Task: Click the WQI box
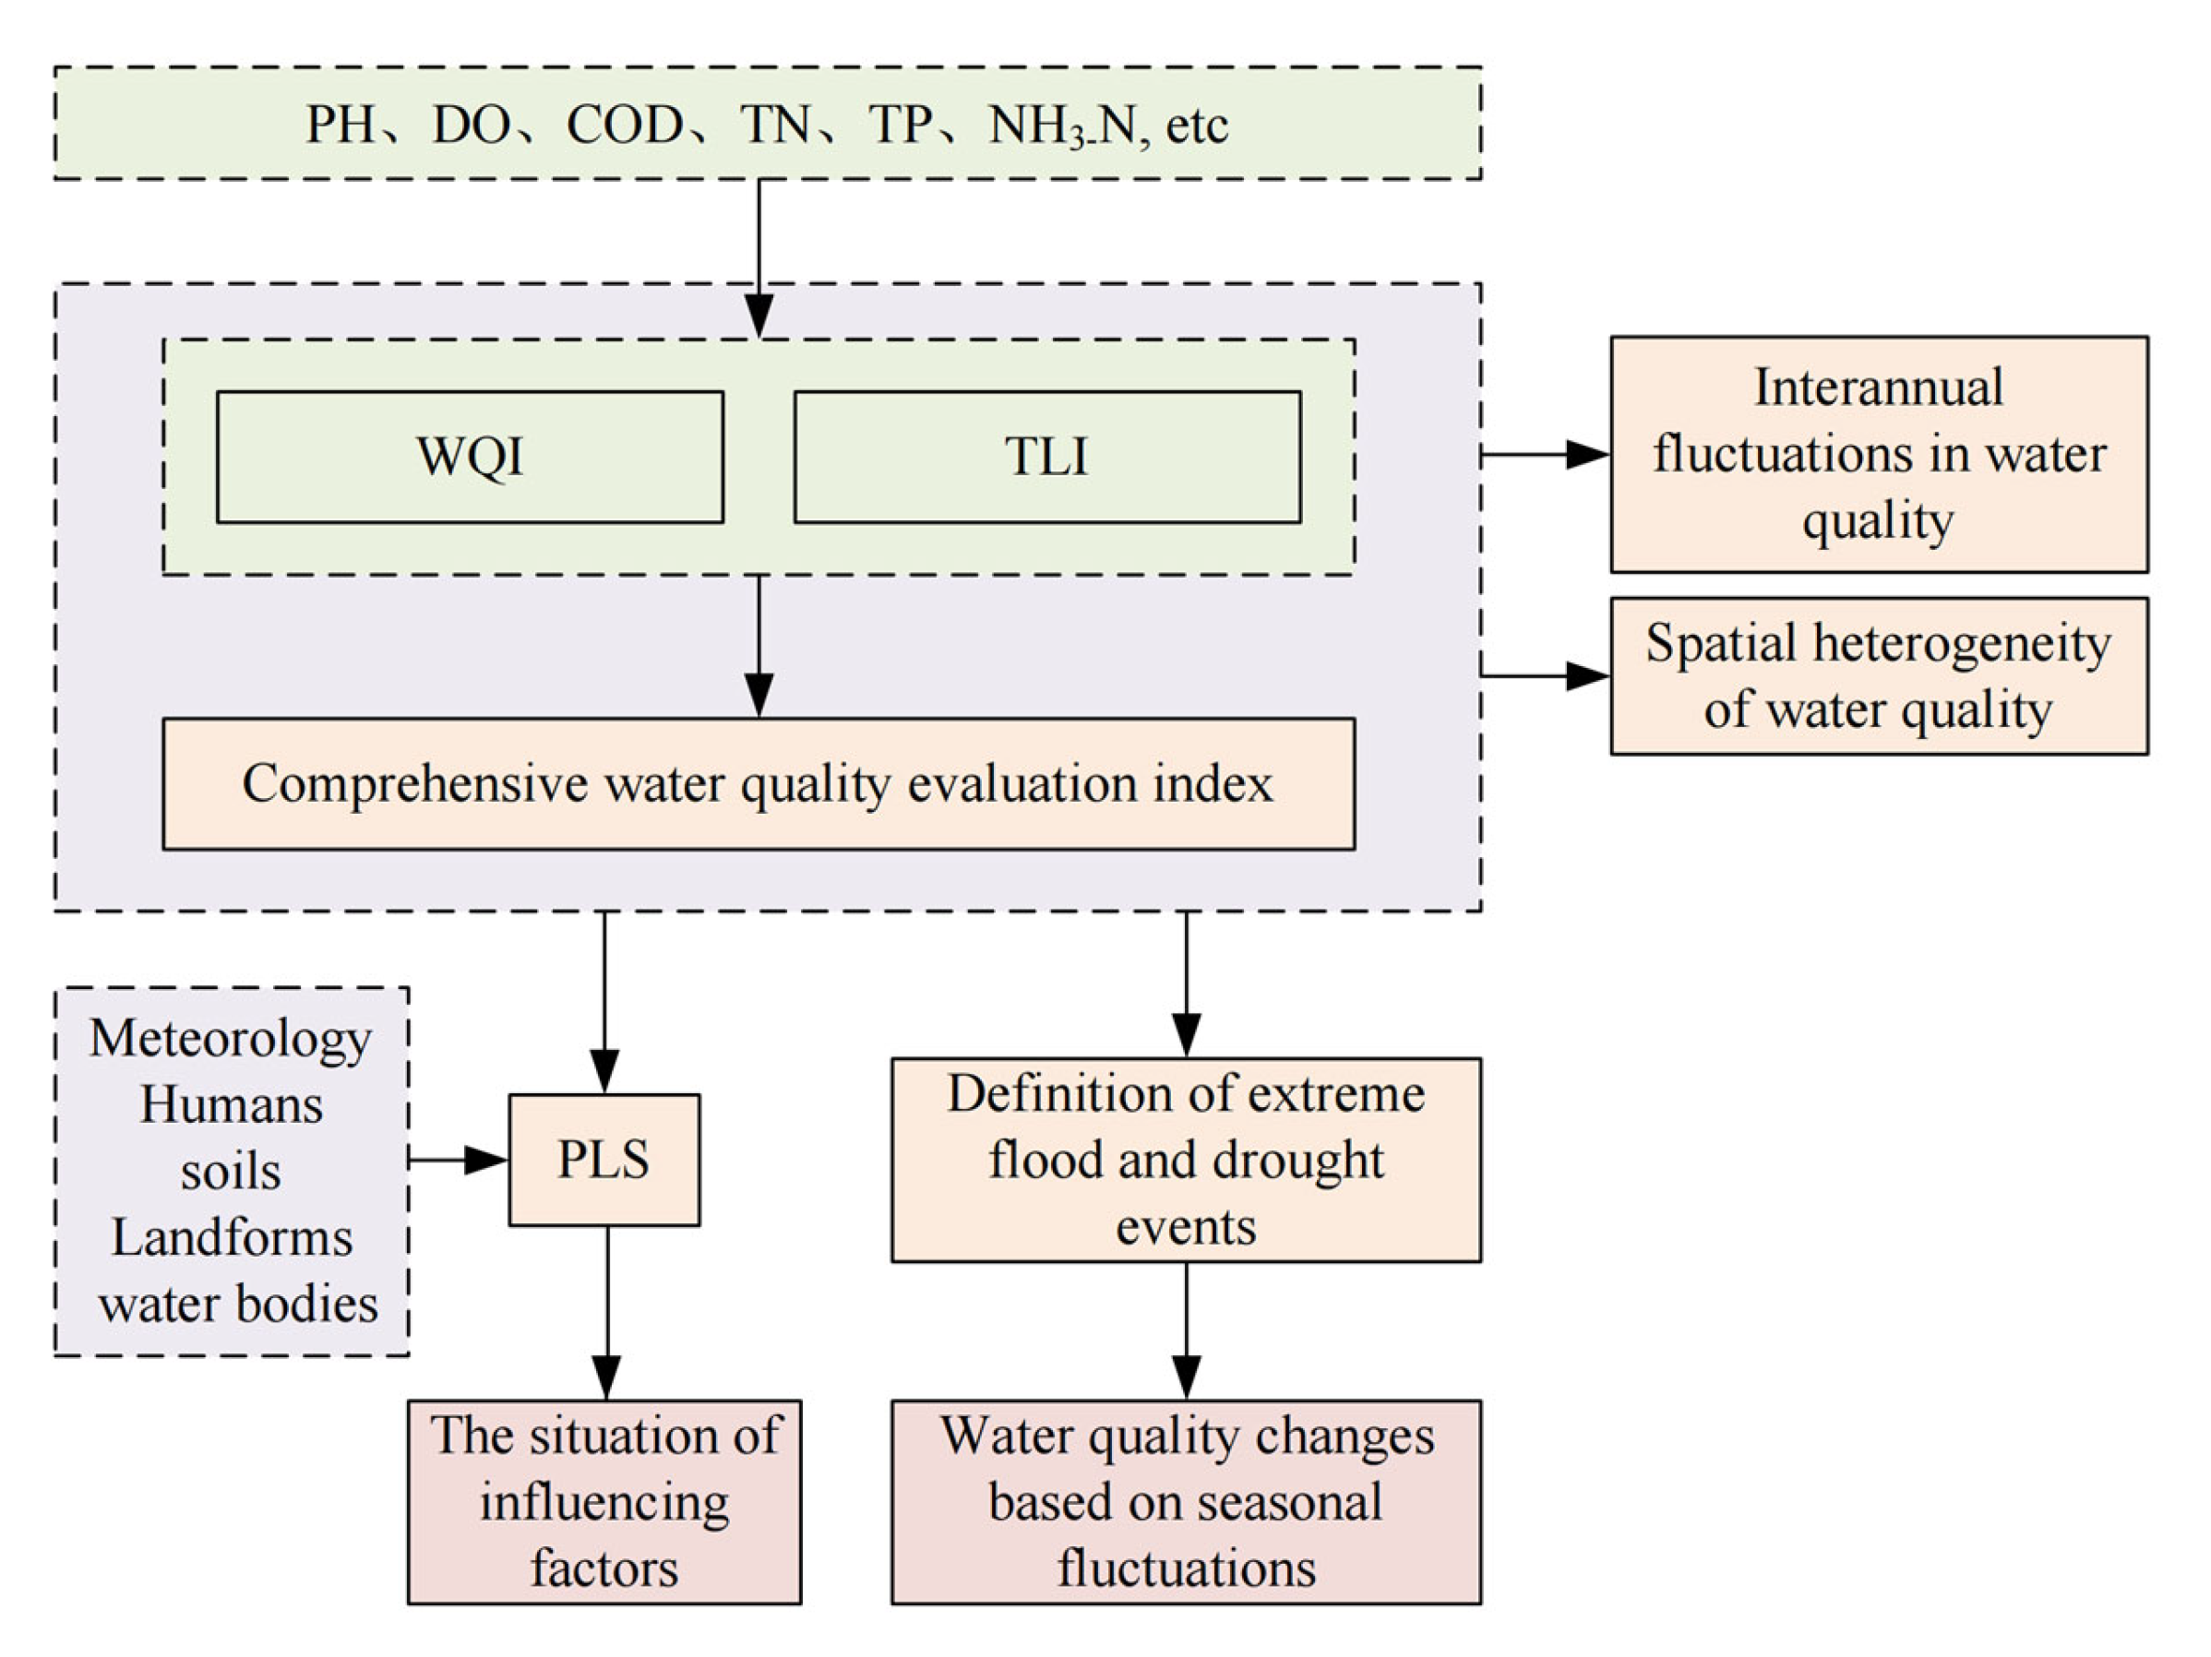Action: coord(470,457)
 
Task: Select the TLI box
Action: coord(1046,457)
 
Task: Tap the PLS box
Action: coord(604,1160)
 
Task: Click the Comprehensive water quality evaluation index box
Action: coord(759,783)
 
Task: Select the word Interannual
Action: coord(1878,387)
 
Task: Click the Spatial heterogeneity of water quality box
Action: coord(1878,675)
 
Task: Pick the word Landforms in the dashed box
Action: coord(231,1237)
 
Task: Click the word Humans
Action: coord(231,1105)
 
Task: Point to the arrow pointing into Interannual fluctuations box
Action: coord(1545,455)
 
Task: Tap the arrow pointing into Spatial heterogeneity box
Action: coord(1545,675)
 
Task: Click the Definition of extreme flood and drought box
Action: coord(1186,1160)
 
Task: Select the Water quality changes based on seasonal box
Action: coord(1186,1501)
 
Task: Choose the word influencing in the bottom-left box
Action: coord(604,1502)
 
